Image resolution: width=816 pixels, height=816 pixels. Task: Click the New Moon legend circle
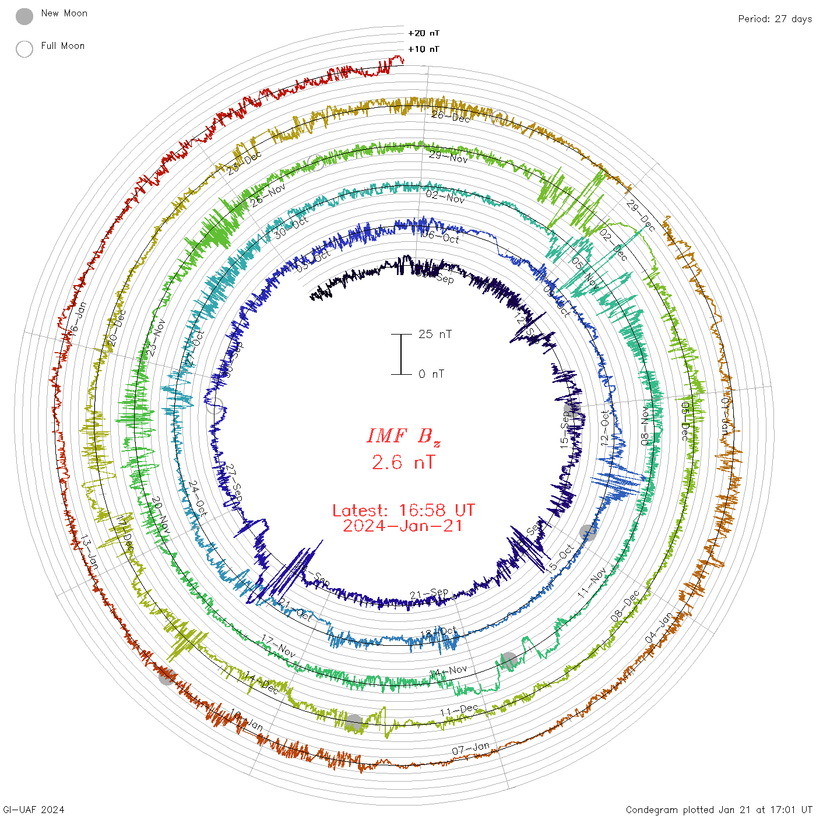click(x=24, y=16)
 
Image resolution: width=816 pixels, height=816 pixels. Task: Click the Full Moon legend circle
click(x=24, y=49)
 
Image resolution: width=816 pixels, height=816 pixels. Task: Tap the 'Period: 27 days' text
click(x=775, y=19)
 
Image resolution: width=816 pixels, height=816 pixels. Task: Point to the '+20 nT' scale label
click(x=424, y=33)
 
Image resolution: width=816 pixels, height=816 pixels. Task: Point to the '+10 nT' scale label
click(x=424, y=49)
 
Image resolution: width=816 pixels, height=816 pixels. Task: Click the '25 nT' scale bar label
click(x=435, y=334)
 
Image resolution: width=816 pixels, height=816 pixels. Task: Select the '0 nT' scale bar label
click(x=431, y=374)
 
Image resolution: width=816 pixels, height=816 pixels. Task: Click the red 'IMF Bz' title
click(x=403, y=436)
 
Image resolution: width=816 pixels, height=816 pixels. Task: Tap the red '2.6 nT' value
click(x=403, y=463)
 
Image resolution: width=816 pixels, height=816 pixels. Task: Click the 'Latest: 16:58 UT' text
click(x=403, y=511)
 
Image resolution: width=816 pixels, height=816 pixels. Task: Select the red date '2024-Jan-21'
click(x=403, y=526)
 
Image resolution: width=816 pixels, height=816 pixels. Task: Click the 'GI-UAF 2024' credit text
click(x=34, y=810)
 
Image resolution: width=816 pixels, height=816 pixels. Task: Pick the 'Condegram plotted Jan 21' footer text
click(x=719, y=810)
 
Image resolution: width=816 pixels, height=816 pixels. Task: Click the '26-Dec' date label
click(x=451, y=117)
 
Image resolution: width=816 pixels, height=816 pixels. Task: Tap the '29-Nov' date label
click(x=448, y=157)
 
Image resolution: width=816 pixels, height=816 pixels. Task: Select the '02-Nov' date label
click(x=445, y=196)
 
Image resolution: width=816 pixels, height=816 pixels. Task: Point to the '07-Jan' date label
click(x=471, y=748)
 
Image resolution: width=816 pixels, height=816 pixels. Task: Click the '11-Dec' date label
click(x=459, y=711)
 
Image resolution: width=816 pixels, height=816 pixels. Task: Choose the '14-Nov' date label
click(x=448, y=671)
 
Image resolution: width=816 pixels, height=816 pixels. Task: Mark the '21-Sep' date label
click(x=429, y=595)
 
